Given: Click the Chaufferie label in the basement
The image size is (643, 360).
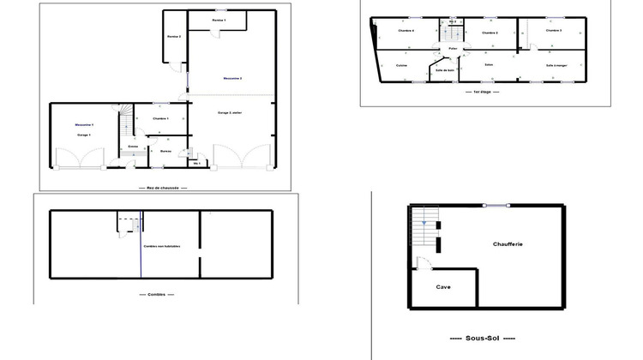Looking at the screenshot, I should tap(508, 244).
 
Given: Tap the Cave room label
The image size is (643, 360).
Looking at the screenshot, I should tap(443, 287).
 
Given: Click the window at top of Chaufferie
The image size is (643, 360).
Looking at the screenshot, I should tap(496, 204).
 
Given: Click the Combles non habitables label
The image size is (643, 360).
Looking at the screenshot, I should tap(162, 246).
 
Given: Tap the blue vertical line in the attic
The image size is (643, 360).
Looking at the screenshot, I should tap(141, 249).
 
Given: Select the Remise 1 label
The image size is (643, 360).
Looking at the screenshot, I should tap(219, 19).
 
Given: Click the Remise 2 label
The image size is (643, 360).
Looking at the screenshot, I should tap(174, 37).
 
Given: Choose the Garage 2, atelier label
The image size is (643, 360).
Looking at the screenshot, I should tap(230, 112).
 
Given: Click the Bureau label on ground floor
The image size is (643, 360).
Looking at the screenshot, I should tap(165, 151).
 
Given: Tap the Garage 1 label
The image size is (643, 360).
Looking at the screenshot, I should tap(84, 135).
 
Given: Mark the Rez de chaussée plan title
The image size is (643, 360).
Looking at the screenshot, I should tap(162, 188).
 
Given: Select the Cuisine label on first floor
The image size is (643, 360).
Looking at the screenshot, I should tap(401, 65).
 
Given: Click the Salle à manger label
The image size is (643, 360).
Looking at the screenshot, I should tap(556, 65).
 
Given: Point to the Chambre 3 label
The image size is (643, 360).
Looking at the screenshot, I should tap(554, 31).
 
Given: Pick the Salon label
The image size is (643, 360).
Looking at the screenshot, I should tap(489, 64).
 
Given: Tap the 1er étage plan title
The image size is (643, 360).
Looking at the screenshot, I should tap(480, 90).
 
